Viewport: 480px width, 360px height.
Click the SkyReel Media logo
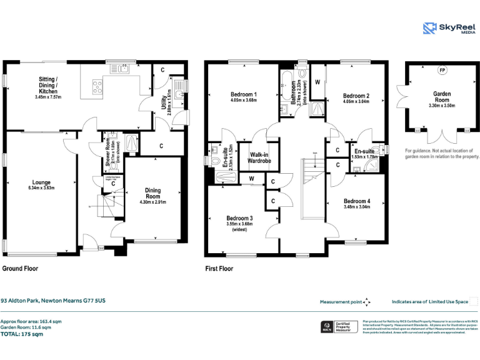pyautogui.click(x=446, y=29)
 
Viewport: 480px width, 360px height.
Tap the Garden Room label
pyautogui.click(x=442, y=97)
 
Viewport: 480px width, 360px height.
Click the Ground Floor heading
pyautogui.click(x=20, y=269)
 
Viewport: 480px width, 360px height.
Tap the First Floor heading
pyautogui.click(x=219, y=269)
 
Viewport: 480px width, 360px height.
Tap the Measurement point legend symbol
pyautogui.click(x=367, y=301)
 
